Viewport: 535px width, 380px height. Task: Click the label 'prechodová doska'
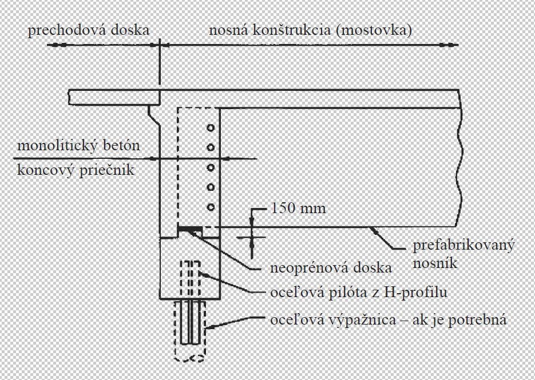(x=88, y=31)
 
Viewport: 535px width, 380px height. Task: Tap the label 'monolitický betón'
(x=78, y=146)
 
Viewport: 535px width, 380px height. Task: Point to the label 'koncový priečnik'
(x=76, y=170)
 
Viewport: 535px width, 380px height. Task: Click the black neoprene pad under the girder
(x=189, y=230)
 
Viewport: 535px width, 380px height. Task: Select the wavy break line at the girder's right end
(x=461, y=166)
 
